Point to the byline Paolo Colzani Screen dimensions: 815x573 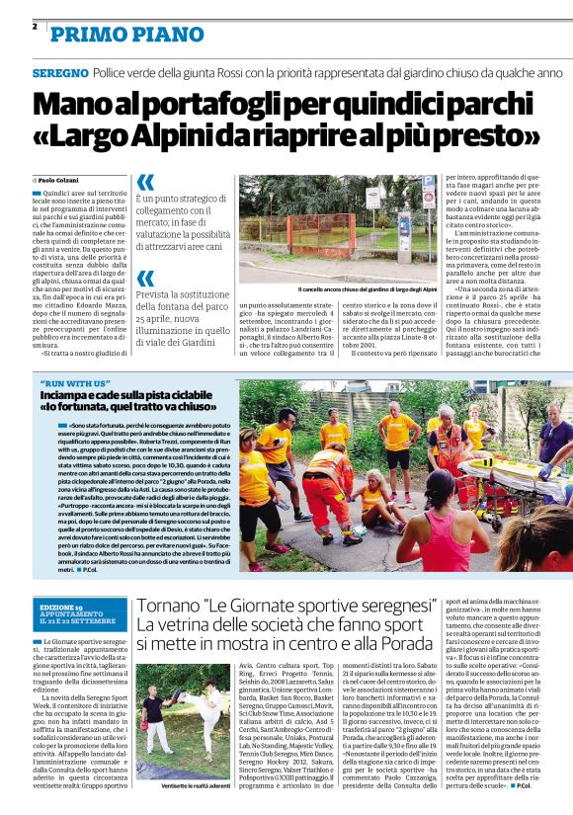(62, 181)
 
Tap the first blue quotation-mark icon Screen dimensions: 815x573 (145, 182)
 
